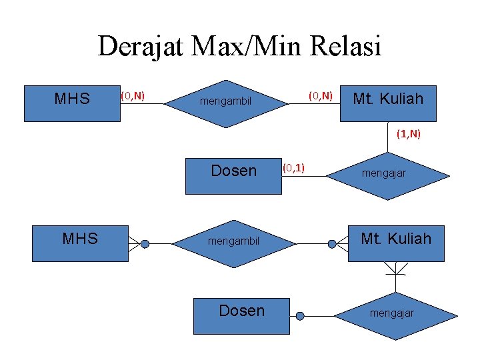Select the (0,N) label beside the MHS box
pos(133,96)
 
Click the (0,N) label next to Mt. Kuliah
pos(320,96)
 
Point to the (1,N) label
pos(408,134)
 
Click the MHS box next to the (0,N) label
pos(72,103)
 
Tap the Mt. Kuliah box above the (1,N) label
pos(388,103)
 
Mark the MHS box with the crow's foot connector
pos(80,243)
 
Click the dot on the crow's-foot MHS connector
pos(145,244)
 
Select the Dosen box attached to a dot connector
pos(241,315)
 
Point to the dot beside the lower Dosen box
pos(300,315)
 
